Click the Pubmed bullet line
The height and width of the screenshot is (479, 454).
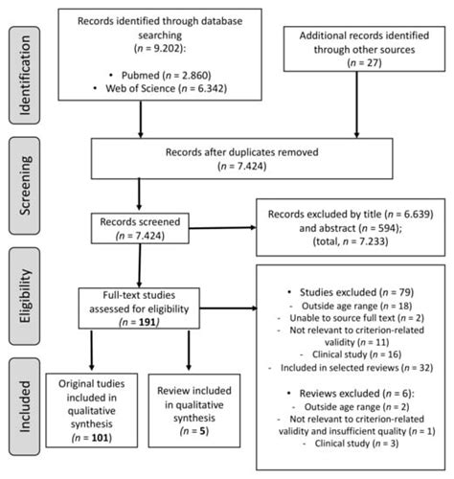pos(158,72)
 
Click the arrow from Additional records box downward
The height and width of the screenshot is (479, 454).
pos(360,122)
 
